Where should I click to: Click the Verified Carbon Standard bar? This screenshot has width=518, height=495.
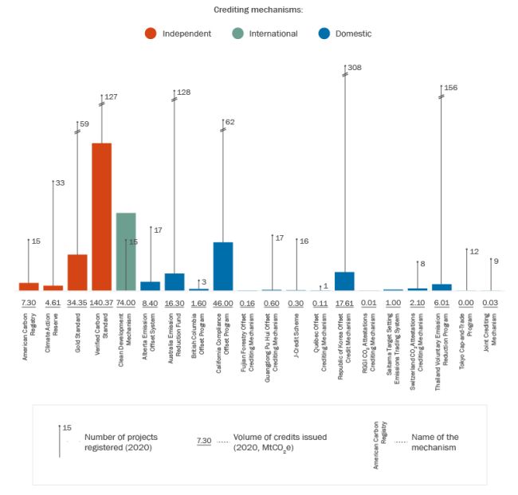point(101,217)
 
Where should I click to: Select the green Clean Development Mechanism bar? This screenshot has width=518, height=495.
point(126,251)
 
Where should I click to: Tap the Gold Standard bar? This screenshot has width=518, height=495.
point(77,272)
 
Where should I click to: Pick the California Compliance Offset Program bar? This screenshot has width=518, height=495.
point(223,266)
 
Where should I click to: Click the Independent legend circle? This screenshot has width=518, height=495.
point(150,33)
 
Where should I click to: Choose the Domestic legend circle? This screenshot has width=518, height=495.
point(324,33)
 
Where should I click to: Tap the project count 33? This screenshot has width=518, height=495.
point(60,183)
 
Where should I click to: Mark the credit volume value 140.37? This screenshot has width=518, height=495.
point(101,303)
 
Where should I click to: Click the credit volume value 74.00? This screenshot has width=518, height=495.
point(126,303)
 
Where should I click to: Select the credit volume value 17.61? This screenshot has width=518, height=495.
point(344,303)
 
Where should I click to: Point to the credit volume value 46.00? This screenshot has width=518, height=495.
point(223,303)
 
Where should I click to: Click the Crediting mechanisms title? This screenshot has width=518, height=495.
point(258,10)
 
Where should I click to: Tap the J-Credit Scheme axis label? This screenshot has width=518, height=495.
point(296,328)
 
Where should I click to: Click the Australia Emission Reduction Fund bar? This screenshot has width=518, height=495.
point(175,281)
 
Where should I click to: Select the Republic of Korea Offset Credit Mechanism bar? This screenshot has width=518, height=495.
point(344,281)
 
